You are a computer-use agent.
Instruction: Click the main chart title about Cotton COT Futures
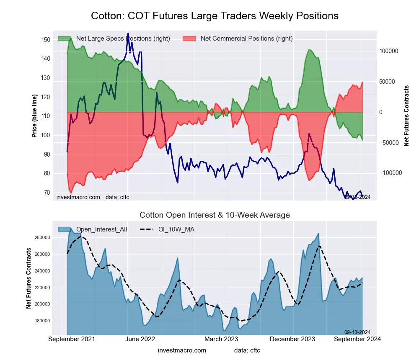[215, 16]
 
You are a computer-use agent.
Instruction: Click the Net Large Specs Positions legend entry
[123, 39]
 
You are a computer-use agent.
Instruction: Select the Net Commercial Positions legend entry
[246, 39]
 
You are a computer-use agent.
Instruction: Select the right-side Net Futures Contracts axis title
[406, 116]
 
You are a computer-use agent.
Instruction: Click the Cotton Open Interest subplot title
[215, 215]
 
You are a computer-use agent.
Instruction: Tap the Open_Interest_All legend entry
[101, 229]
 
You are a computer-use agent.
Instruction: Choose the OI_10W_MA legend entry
[176, 229]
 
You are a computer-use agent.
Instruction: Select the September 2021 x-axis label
[72, 339]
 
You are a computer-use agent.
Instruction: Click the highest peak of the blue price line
[128, 33]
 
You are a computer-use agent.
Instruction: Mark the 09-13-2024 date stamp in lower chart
[357, 332]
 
